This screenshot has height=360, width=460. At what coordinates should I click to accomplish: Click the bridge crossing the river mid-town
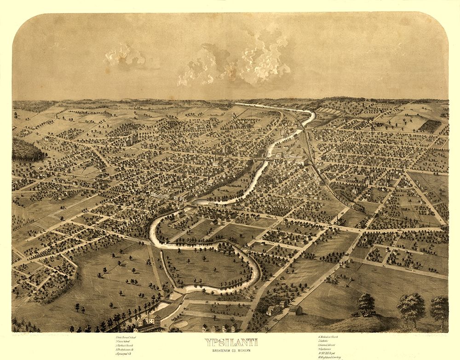pyautogui.click(x=258, y=160)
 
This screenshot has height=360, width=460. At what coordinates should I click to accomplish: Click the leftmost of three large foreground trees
pyautogui.click(x=366, y=302)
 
